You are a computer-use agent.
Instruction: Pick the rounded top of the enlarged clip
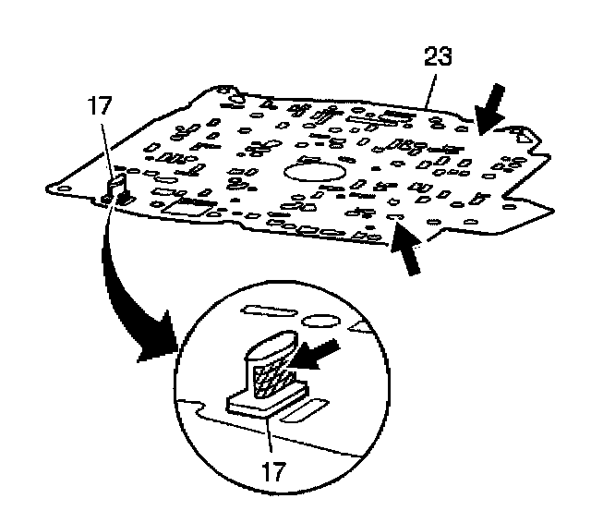271,347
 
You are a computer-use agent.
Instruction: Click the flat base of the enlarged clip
266,405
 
